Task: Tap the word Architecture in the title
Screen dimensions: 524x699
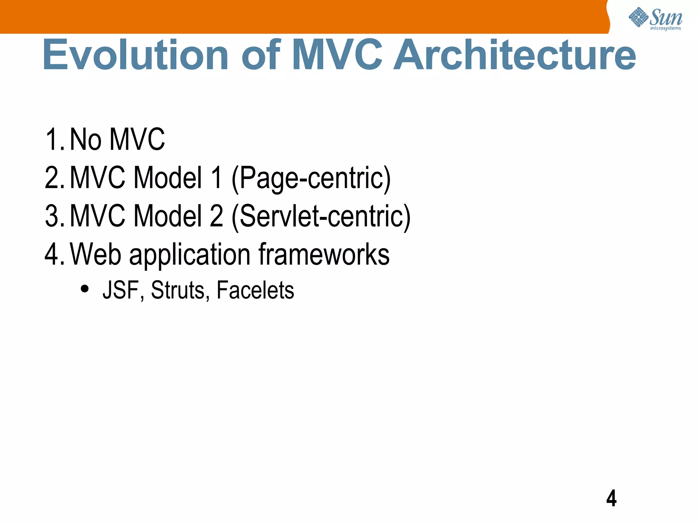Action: [x=515, y=55]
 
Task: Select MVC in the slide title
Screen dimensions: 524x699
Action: [x=337, y=55]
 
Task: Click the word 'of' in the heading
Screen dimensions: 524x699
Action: [x=261, y=55]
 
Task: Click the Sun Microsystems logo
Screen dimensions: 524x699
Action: [x=655, y=18]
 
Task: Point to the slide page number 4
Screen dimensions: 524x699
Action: [x=611, y=498]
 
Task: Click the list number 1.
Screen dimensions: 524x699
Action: [x=54, y=139]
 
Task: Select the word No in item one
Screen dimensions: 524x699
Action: [x=85, y=139]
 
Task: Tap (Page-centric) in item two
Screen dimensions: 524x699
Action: [x=311, y=178]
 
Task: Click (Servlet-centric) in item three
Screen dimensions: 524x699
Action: [x=321, y=217]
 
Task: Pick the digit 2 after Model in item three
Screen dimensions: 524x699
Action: [x=216, y=216]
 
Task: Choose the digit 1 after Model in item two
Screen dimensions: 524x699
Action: [x=216, y=178]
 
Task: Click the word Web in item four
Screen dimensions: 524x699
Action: [x=96, y=254]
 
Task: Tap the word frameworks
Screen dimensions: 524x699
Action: [x=324, y=254]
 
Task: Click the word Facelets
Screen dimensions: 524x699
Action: [x=255, y=290]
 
